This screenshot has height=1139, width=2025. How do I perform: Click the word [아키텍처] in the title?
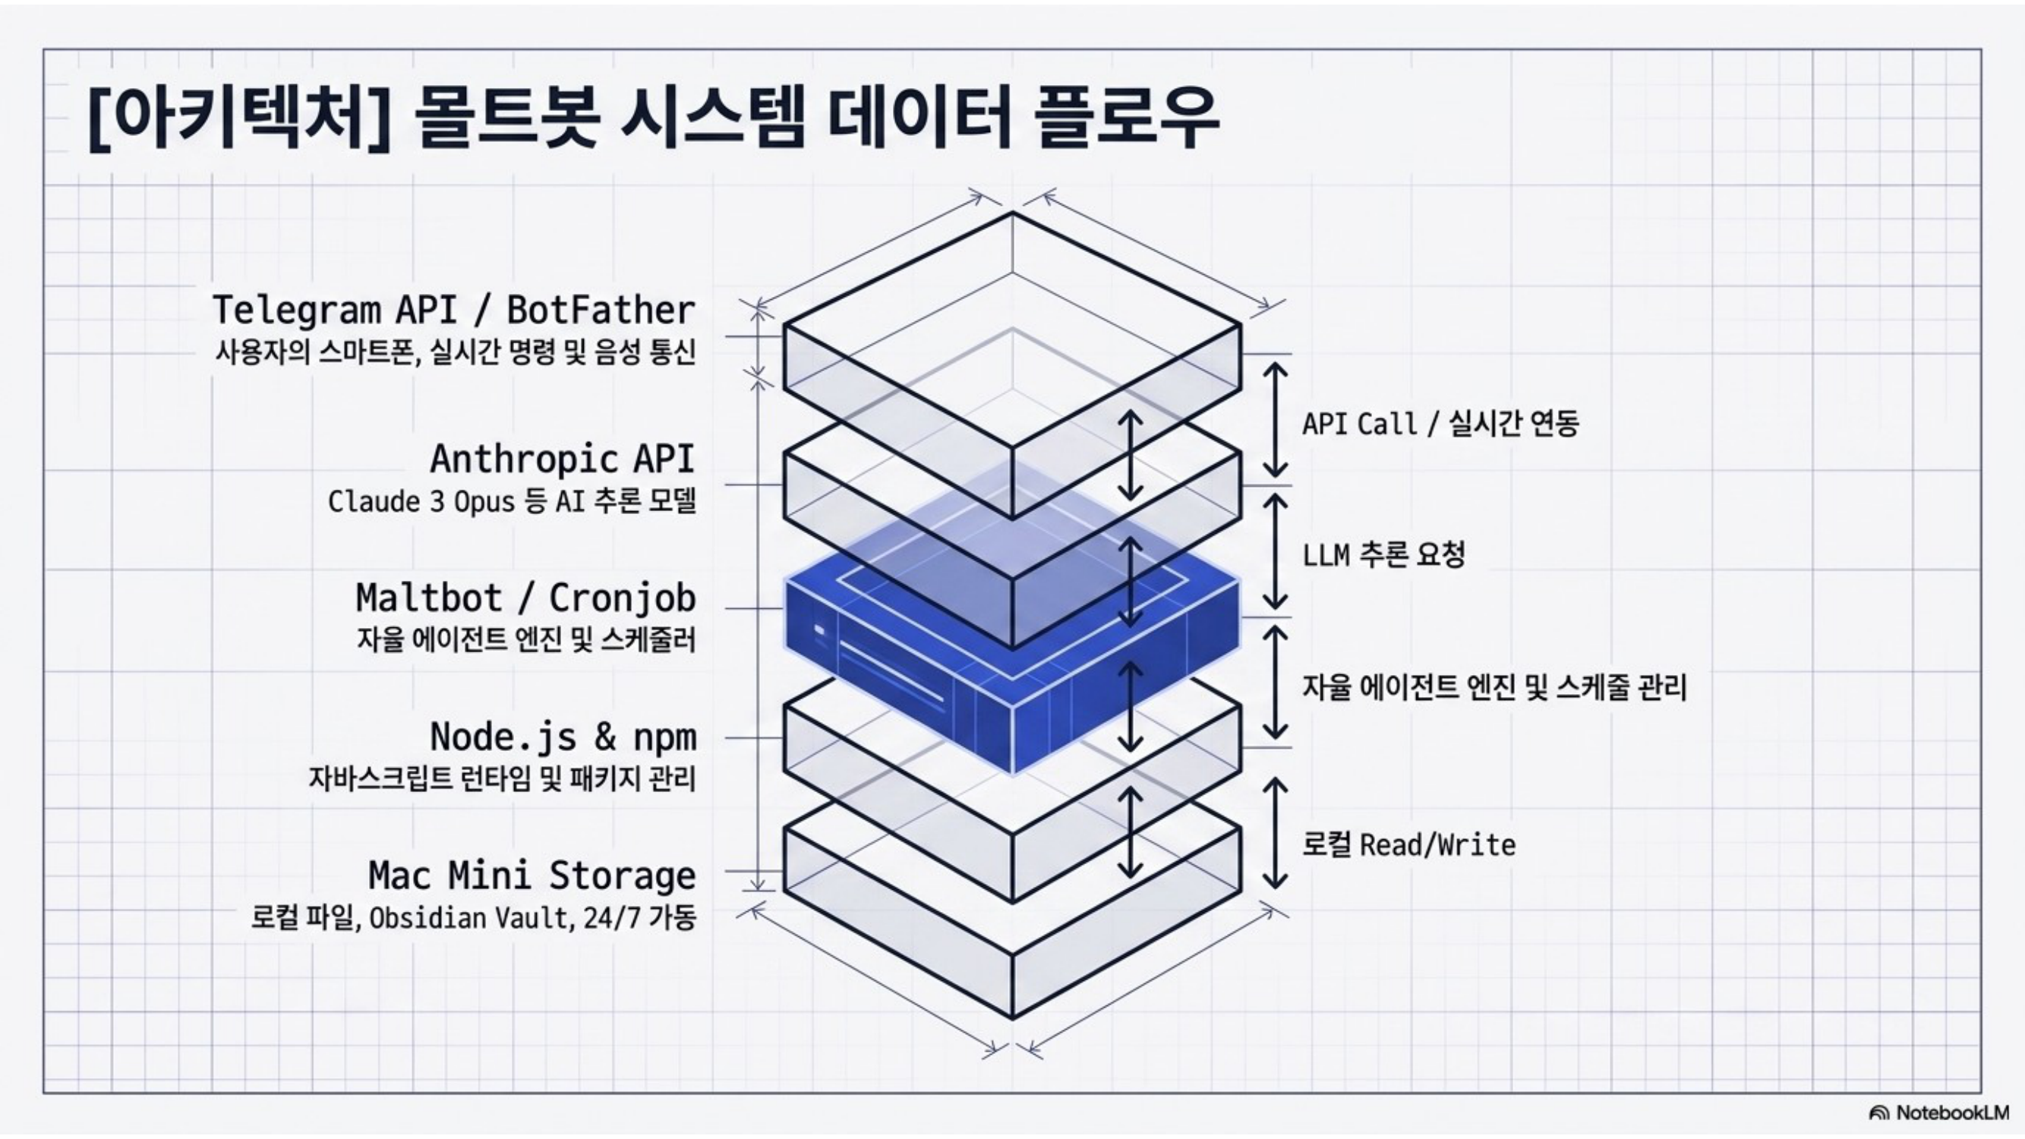coord(239,118)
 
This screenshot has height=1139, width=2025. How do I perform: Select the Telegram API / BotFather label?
coord(453,310)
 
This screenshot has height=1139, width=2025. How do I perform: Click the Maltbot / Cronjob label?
coord(526,598)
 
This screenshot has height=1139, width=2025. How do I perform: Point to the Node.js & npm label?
coord(563,737)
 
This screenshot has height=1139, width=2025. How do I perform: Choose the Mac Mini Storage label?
coord(532,876)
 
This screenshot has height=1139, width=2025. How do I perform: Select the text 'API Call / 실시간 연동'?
coord(1440,424)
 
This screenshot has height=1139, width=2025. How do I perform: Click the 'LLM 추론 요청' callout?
coord(1383,555)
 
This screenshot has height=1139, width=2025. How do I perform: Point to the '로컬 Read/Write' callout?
coord(1408,845)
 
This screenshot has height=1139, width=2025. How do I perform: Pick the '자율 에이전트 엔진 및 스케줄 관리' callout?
coord(1494,688)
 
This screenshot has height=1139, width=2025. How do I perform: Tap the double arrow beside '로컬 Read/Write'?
coord(1275,833)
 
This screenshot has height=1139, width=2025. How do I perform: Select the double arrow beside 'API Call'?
coord(1275,420)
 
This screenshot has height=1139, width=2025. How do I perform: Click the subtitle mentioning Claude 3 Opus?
coord(512,501)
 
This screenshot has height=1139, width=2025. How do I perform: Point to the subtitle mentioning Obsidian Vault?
coord(473,917)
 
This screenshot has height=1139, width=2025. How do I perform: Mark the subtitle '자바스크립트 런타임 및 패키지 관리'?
coord(503,779)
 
